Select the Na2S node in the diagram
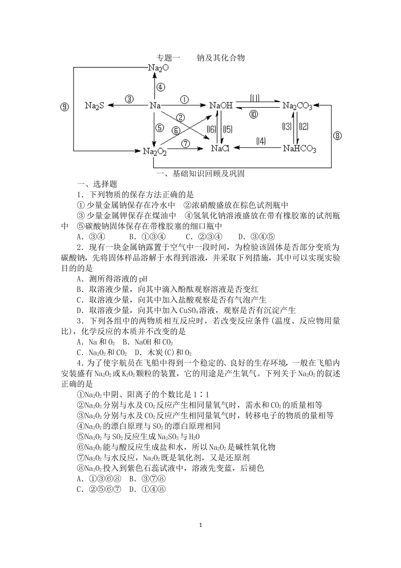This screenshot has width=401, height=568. [x=94, y=106]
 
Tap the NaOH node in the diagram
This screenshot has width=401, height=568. [x=221, y=105]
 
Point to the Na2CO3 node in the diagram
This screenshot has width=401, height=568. [x=297, y=106]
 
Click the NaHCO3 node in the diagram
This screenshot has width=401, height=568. [x=299, y=149]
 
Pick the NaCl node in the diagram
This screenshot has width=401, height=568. [x=220, y=148]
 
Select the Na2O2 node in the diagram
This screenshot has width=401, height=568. [x=154, y=151]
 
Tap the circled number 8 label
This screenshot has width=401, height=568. [x=337, y=136]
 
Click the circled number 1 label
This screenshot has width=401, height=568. [x=184, y=99]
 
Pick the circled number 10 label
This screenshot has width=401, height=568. [x=253, y=114]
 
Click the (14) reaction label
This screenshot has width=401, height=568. [x=261, y=141]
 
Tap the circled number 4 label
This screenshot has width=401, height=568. [x=160, y=87]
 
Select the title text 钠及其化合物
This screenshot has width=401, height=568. [x=221, y=57]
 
